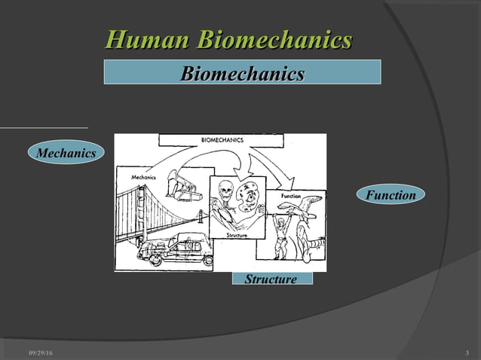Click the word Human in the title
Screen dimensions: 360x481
(148, 40)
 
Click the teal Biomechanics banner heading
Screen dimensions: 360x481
(242, 73)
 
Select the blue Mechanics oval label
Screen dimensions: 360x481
(67, 154)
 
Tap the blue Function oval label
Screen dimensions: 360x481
(391, 195)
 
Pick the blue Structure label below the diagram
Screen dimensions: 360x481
(271, 279)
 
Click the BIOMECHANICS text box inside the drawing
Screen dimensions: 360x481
(222, 140)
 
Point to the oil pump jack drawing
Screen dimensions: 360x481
(183, 185)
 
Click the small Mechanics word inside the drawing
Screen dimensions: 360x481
(143, 176)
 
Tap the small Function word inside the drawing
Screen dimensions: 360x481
(290, 196)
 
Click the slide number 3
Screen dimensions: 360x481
(467, 354)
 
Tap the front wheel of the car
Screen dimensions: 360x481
(157, 260)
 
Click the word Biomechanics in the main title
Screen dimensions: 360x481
(276, 40)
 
